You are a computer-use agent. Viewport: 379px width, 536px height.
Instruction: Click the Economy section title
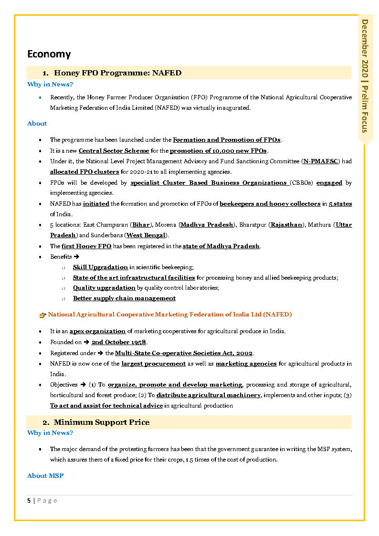point(49,54)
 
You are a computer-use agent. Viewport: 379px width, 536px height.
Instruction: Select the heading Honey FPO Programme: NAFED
point(117,73)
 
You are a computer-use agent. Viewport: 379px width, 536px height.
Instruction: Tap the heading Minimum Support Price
point(101,422)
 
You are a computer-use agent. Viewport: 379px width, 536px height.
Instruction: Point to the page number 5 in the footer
point(29,500)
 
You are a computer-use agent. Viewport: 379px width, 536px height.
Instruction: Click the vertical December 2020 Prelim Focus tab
point(365,76)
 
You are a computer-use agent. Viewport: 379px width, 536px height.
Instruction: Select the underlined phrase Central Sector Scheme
point(114,151)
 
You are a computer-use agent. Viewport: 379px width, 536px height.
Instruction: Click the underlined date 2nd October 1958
point(119,342)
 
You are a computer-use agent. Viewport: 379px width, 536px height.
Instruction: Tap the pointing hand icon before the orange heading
point(42,315)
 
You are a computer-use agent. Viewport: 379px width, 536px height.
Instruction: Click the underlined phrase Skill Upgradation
point(100,267)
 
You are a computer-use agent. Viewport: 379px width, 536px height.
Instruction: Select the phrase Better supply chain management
point(124,298)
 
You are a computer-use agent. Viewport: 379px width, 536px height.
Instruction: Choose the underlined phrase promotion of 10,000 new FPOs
point(218,151)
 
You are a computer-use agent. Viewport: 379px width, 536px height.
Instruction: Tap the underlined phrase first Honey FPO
point(86,246)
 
